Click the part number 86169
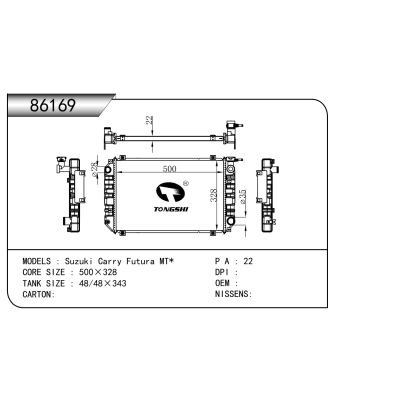click(x=53, y=106)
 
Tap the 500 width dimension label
click(x=169, y=169)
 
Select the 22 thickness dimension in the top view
click(x=150, y=120)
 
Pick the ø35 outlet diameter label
click(x=243, y=197)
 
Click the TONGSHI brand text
click(x=171, y=209)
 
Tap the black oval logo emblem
click(x=170, y=192)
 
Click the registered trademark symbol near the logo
click(x=186, y=183)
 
